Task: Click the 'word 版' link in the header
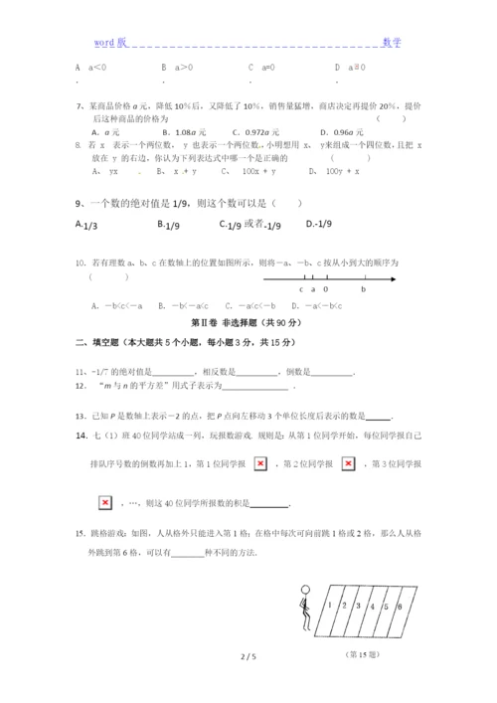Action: click(110, 43)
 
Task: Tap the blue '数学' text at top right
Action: click(392, 43)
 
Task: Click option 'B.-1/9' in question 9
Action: click(168, 225)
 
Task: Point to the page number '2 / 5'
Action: click(248, 685)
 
